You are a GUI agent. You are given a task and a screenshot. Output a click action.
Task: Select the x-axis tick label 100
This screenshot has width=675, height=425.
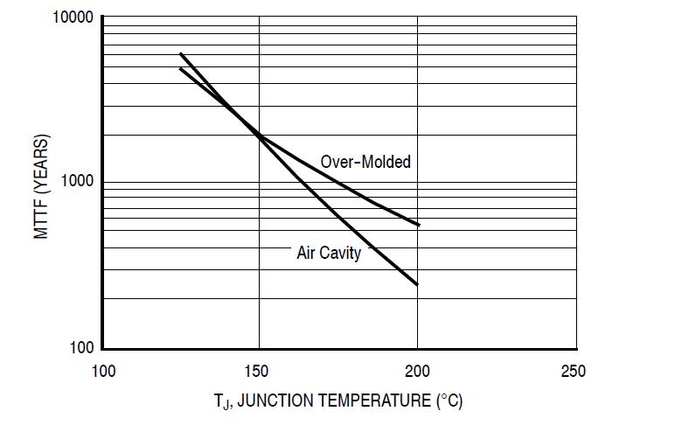point(103,371)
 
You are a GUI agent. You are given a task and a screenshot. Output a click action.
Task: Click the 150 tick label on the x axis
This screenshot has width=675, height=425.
point(259,371)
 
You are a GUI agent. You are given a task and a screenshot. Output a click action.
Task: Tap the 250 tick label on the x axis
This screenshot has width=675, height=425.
point(573,371)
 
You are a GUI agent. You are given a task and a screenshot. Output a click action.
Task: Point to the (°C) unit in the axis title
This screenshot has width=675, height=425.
point(449,401)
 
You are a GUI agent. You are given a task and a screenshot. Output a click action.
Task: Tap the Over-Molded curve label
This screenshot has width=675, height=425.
point(365,162)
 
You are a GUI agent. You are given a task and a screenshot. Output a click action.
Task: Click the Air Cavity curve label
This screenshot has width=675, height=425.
point(329,254)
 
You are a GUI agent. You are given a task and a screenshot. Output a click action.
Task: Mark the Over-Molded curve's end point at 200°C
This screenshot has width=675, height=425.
point(419,225)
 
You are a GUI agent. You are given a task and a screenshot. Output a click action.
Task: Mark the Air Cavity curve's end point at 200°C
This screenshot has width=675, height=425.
point(417,284)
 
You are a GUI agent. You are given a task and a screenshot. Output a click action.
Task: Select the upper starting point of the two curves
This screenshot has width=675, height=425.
point(180,53)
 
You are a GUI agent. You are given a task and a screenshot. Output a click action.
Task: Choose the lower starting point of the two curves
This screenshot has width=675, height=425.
point(180,68)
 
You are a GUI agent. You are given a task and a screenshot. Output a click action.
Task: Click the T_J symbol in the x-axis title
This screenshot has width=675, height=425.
point(220,402)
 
